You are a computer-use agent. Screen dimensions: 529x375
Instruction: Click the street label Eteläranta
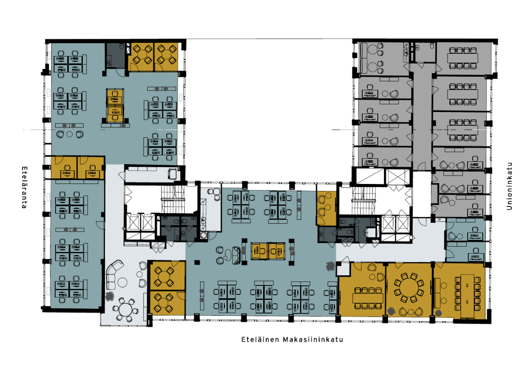coord(25,187)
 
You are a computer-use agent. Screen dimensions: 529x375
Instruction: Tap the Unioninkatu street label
coord(509,186)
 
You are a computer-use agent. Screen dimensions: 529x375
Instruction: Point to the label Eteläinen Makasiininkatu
coord(292,340)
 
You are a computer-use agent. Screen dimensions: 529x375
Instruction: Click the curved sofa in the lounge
coord(113,274)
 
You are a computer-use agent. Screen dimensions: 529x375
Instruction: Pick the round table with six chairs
coord(125,310)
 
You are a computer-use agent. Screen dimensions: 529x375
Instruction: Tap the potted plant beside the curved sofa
coord(110,296)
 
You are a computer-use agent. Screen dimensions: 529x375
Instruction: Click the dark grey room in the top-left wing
coord(115,56)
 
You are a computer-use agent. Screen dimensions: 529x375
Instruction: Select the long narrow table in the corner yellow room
coord(468,296)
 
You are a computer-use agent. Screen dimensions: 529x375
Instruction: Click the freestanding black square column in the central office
coord(197,262)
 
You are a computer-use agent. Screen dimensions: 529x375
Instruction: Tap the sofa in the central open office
coord(236,255)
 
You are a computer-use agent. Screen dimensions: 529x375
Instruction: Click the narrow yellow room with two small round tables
coord(326,208)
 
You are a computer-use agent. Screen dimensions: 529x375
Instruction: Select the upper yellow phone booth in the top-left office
coord(115,97)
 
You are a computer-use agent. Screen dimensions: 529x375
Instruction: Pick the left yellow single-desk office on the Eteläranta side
coord(64,167)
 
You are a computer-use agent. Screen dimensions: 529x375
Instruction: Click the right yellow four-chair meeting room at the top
coord(166,57)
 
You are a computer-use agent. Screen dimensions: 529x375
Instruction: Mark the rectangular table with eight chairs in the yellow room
coord(368,298)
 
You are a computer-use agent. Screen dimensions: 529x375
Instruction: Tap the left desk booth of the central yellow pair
coord(260,251)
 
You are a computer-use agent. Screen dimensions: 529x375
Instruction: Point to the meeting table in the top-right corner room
coord(462,58)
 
